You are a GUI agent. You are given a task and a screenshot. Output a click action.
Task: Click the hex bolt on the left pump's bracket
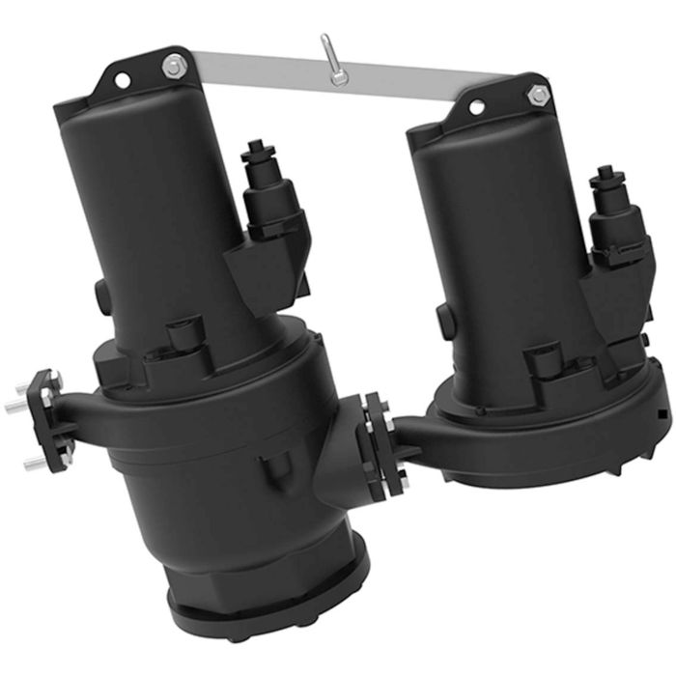click(174, 67)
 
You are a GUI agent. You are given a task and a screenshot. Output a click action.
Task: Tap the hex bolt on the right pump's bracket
click(538, 95)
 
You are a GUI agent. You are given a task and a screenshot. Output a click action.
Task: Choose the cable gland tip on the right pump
click(605, 175)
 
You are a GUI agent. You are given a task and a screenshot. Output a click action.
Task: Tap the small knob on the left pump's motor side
click(99, 290)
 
